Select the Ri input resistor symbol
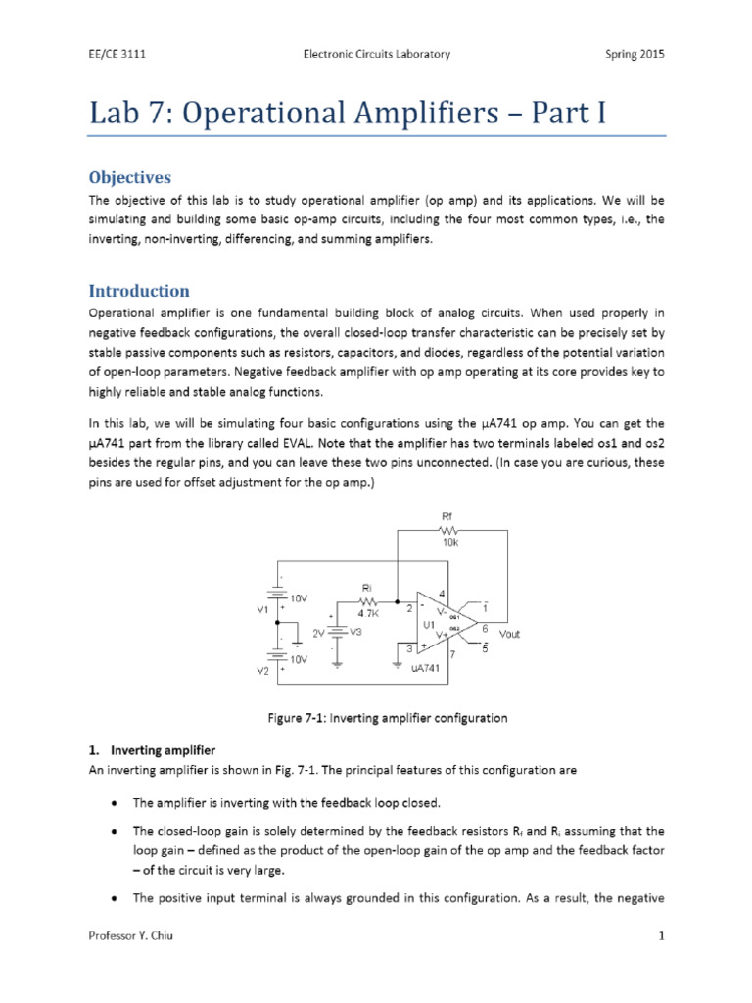[x=368, y=601]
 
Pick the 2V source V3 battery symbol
[x=336, y=633]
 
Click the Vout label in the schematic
[x=509, y=634]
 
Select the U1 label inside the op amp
[x=428, y=624]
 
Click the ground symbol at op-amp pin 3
[x=398, y=660]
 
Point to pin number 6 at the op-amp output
[x=485, y=626]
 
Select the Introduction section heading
[x=139, y=291]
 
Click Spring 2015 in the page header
[x=632, y=55]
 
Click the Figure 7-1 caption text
[x=388, y=718]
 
